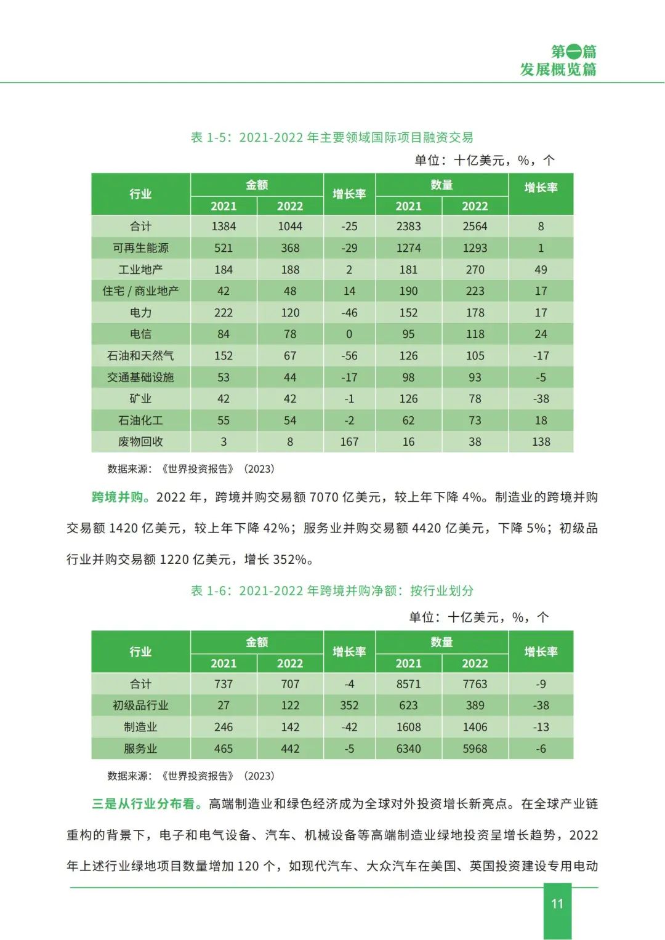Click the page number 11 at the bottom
pyautogui.click(x=557, y=904)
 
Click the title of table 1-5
pyautogui.click(x=332, y=137)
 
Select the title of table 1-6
pyautogui.click(x=332, y=591)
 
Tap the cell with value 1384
pyautogui.click(x=224, y=227)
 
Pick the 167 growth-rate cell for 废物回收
pyautogui.click(x=349, y=442)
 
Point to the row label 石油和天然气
pyautogui.click(x=140, y=356)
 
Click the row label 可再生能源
pyautogui.click(x=140, y=248)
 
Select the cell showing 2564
pyautogui.click(x=475, y=227)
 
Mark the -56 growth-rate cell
pyautogui.click(x=349, y=356)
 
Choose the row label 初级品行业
pyautogui.click(x=140, y=705)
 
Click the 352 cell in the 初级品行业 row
pyautogui.click(x=349, y=705)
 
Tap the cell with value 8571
pyautogui.click(x=408, y=684)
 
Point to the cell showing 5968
pyautogui.click(x=475, y=749)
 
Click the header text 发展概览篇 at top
pyautogui.click(x=558, y=70)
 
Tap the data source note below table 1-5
pyautogui.click(x=191, y=469)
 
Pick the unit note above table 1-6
pyautogui.click(x=478, y=617)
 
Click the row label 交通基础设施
pyautogui.click(x=140, y=377)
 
